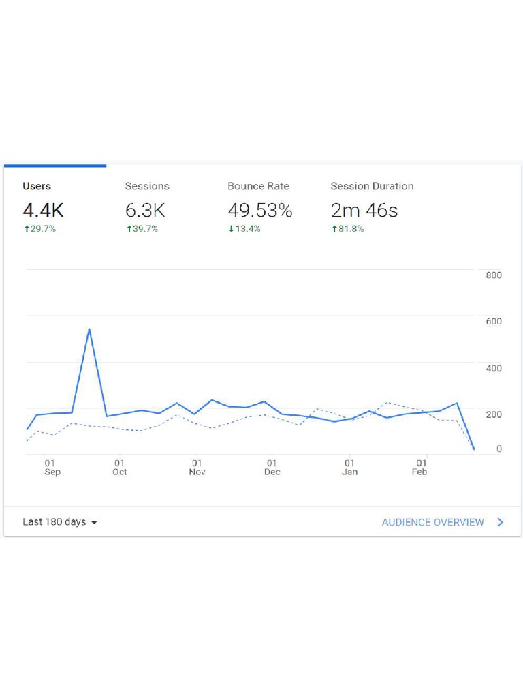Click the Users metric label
(x=37, y=186)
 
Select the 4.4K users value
(x=43, y=211)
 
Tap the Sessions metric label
(x=147, y=186)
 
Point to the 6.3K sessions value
(x=145, y=211)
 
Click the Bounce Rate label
(x=258, y=186)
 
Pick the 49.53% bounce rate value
(x=260, y=211)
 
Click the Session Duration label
(x=372, y=186)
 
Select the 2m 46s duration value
(x=364, y=211)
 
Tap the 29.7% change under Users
(x=39, y=229)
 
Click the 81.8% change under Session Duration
(x=347, y=229)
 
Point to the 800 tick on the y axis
(x=494, y=275)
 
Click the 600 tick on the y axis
(x=494, y=322)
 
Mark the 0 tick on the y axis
(x=499, y=449)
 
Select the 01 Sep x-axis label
(x=52, y=468)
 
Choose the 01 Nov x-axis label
(x=197, y=468)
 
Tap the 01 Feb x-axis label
(x=419, y=468)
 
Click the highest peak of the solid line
(x=89, y=329)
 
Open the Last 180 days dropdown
(x=60, y=522)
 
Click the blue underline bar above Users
(x=55, y=166)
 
